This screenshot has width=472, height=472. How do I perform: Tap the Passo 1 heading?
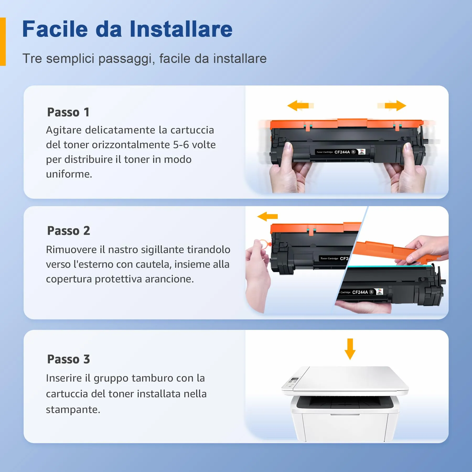[68, 112]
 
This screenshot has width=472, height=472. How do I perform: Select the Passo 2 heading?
[69, 231]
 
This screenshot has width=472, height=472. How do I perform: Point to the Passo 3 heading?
[69, 359]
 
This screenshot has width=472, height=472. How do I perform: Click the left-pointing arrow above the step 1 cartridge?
[301, 105]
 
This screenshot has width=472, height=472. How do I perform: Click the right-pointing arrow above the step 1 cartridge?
[392, 105]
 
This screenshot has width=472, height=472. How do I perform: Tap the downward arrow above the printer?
[350, 349]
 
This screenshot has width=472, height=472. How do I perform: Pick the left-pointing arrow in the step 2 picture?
[267, 216]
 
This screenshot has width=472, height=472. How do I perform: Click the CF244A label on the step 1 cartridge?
[342, 152]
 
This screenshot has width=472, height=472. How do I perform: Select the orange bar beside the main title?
[3, 41]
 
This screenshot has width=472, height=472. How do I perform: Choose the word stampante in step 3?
[73, 410]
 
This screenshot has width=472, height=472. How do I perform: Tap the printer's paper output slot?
[345, 403]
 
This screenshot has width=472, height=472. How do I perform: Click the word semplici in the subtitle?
[70, 58]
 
